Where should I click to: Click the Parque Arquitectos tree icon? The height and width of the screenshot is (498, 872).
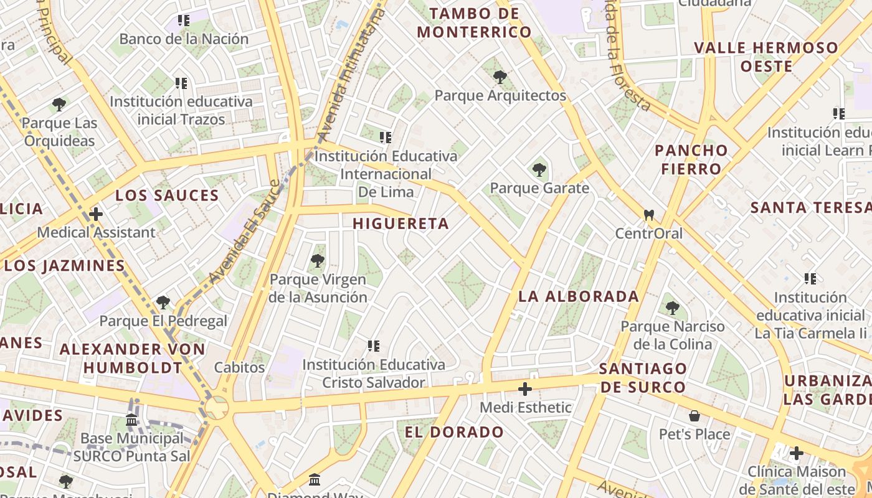coord(500,77)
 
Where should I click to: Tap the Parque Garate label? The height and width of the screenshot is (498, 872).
coord(539,188)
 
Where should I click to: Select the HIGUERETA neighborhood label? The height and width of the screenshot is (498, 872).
coord(400,223)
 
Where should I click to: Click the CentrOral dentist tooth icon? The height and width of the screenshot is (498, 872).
coord(648,215)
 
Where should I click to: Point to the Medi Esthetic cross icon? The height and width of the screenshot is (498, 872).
coord(525,389)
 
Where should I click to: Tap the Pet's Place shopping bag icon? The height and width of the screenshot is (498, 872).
coord(694,416)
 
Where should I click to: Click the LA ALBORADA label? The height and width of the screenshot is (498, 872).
coord(579,296)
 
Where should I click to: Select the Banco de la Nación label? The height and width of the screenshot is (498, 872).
coord(184,39)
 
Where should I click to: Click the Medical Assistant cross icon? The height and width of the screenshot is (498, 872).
coord(96,214)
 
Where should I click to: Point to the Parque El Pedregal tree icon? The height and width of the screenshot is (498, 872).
coord(163,303)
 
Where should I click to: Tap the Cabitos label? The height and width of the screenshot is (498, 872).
coord(239,367)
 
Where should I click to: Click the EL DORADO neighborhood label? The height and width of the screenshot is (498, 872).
coord(454,432)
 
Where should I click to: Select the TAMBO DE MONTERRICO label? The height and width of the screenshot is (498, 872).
coord(474,23)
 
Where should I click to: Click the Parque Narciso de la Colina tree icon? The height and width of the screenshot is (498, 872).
coord(672,308)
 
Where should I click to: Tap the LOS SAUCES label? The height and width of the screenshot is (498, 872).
coord(167,195)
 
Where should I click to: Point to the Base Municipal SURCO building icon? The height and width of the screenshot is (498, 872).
coord(131,420)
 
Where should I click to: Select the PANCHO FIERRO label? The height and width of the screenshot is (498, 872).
coord(691,159)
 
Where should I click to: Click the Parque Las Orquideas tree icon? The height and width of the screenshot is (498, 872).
coord(59,105)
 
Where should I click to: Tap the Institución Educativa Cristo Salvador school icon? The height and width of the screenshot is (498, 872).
coord(374,346)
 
